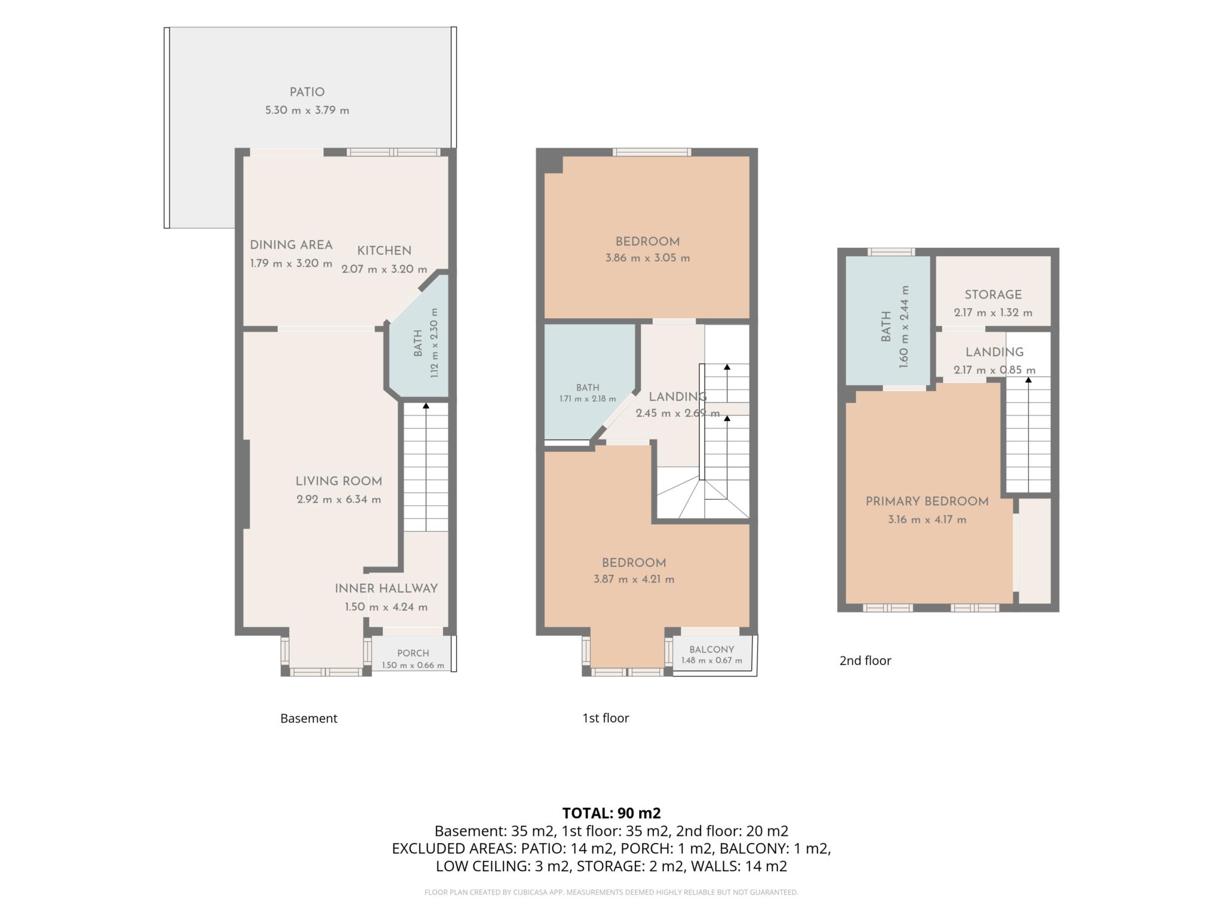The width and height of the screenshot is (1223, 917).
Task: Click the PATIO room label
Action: (x=307, y=92)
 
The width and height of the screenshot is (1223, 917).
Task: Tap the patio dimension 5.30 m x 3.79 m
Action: (x=307, y=110)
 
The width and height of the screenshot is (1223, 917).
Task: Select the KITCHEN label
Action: (x=384, y=251)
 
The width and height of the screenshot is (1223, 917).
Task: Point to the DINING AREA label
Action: (x=291, y=245)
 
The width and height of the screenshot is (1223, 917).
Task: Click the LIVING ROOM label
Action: (x=339, y=481)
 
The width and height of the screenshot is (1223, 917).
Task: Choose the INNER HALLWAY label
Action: (x=386, y=589)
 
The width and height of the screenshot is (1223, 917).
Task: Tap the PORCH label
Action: (x=413, y=653)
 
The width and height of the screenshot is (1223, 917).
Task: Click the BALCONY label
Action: (x=712, y=650)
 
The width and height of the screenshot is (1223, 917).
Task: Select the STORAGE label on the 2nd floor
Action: (x=993, y=294)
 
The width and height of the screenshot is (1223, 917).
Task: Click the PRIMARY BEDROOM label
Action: (x=927, y=501)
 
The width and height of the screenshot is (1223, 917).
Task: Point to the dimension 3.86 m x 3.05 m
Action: (x=647, y=259)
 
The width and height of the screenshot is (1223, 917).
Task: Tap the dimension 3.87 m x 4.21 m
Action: (x=634, y=579)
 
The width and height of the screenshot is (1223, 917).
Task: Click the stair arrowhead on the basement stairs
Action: (x=426, y=405)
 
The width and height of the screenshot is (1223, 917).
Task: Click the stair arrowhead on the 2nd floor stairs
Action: (x=1028, y=379)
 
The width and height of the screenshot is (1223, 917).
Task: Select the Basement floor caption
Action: (x=309, y=718)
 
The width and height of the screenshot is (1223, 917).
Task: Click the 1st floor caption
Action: (x=606, y=718)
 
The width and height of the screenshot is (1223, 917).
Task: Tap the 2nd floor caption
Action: (x=865, y=661)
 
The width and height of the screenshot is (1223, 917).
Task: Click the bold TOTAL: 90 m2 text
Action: (x=611, y=813)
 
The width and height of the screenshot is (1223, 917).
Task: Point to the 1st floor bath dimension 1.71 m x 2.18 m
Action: (x=588, y=399)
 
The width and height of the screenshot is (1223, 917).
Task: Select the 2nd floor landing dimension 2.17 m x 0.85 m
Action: (x=994, y=370)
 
